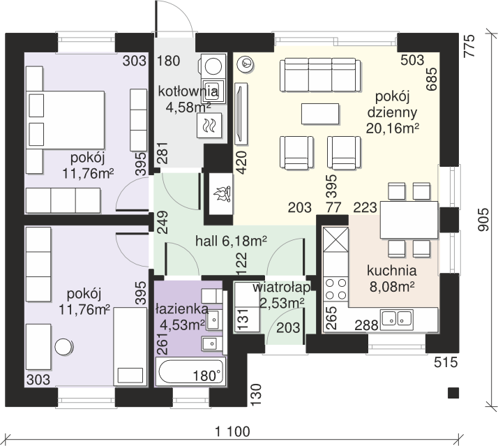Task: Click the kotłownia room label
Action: coord(188,91)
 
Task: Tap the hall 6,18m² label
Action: coord(231,241)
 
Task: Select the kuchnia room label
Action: coord(391,271)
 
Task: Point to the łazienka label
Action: coord(182,309)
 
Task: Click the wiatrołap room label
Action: coord(281,288)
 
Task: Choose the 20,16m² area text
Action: coord(393,128)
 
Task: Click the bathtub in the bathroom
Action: coord(190,371)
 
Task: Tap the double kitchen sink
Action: coord(398,318)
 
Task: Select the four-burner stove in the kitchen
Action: coord(335,289)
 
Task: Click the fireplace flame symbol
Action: coord(222,193)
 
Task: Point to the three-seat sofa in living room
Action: coord(320,75)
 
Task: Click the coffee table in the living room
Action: coord(320,114)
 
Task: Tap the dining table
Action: coord(409,220)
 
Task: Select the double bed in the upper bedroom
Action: coord(66,120)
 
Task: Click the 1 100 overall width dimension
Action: coord(232,431)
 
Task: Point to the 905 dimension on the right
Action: coord(483,220)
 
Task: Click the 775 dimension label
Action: coord(469,46)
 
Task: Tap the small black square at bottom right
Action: coord(453,393)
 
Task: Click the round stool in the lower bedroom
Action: coord(64,346)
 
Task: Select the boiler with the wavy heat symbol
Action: coord(209,125)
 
